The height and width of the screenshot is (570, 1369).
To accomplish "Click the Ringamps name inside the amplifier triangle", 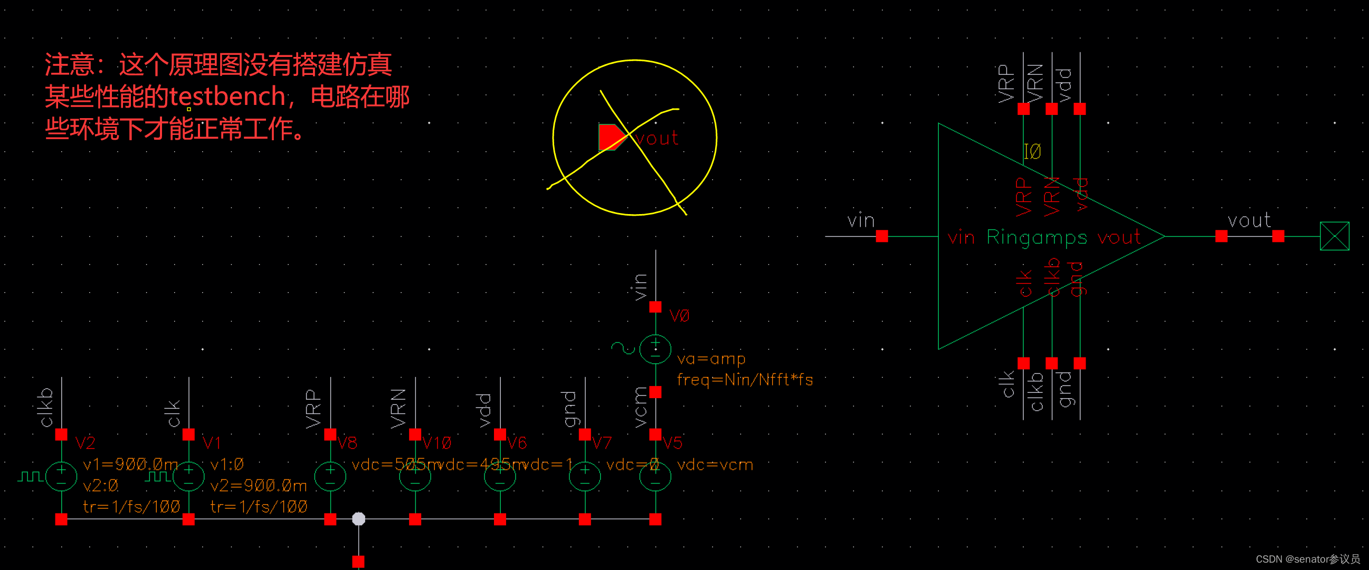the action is pyautogui.click(x=1037, y=237).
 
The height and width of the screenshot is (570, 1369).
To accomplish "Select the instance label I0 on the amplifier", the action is pyautogui.click(x=1032, y=152).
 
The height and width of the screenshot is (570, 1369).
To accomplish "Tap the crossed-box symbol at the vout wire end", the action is pyautogui.click(x=1335, y=236).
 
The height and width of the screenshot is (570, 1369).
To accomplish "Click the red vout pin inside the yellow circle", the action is pyautogui.click(x=611, y=137).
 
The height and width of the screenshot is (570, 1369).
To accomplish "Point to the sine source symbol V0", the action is pyautogui.click(x=655, y=349).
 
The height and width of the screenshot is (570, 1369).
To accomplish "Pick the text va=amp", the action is pyautogui.click(x=711, y=359).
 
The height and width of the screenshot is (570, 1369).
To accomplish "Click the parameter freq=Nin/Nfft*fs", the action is pyautogui.click(x=745, y=380).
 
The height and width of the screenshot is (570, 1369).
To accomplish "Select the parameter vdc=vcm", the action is pyautogui.click(x=715, y=465).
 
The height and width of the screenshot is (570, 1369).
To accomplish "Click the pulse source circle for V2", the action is pyautogui.click(x=62, y=476).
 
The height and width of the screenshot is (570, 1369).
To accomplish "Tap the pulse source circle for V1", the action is pyautogui.click(x=188, y=476).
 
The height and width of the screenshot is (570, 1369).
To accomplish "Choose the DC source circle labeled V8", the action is pyautogui.click(x=330, y=476).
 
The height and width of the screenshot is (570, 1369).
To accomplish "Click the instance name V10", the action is pyautogui.click(x=437, y=442).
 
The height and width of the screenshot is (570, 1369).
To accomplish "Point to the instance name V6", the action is pyautogui.click(x=517, y=442).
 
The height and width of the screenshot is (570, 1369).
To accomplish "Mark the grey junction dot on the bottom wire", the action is pyautogui.click(x=359, y=518).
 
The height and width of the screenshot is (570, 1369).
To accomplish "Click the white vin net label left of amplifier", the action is pyautogui.click(x=860, y=220).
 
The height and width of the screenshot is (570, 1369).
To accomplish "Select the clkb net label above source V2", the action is pyautogui.click(x=47, y=407).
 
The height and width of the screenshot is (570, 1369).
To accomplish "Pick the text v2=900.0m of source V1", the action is pyautogui.click(x=258, y=486).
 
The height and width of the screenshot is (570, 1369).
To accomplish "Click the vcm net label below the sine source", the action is pyautogui.click(x=641, y=407).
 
